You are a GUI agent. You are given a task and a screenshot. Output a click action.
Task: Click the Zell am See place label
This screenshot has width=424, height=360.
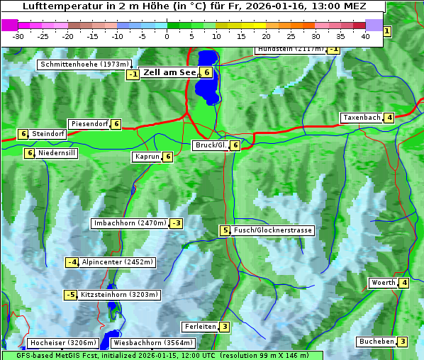170,72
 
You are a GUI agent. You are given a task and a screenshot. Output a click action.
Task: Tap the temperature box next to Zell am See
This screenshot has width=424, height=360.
206,72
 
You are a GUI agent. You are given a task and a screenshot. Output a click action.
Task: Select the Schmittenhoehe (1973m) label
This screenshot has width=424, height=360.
85,64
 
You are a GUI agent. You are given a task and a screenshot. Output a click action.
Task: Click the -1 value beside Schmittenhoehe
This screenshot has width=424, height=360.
133,74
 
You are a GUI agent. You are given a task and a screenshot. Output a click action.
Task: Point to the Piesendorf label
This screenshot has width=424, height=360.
89,124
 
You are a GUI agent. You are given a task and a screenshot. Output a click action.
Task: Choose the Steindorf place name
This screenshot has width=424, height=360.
48,134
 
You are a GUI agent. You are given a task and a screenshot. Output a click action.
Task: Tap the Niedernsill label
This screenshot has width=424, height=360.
57,152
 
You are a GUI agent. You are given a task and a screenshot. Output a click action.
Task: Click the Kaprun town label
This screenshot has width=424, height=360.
147,157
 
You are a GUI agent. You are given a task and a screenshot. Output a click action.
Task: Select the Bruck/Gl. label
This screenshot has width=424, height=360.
211,145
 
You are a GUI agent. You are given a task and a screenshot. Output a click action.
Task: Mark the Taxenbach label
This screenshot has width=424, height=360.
362,118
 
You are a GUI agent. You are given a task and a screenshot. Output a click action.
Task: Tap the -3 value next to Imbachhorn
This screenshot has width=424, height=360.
175,224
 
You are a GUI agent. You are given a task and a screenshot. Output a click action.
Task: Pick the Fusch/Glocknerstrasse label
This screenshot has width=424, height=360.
272,230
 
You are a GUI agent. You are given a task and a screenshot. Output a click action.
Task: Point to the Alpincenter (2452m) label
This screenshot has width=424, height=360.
117,262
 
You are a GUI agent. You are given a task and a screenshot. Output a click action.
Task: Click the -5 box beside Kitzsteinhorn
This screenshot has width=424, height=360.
70,295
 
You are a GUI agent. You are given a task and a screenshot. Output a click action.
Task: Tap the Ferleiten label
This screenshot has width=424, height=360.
199,327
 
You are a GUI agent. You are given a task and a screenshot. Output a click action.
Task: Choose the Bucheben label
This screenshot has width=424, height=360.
376,342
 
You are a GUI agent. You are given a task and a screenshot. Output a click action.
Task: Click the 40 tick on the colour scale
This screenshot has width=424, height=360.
364,36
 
